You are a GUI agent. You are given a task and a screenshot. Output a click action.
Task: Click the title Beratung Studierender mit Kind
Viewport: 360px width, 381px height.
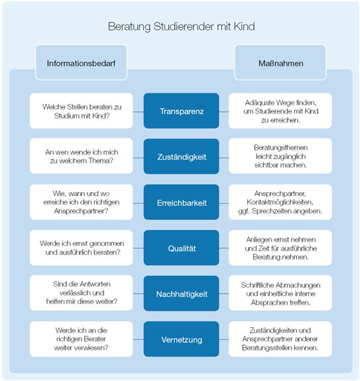(182, 27)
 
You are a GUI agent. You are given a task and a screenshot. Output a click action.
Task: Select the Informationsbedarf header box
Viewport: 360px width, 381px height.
(81, 62)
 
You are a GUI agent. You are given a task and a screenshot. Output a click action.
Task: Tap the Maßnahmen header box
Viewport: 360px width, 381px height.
(280, 62)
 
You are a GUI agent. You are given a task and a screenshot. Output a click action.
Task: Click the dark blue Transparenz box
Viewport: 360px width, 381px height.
(182, 111)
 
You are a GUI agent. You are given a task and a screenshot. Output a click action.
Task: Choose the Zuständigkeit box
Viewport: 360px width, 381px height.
(182, 156)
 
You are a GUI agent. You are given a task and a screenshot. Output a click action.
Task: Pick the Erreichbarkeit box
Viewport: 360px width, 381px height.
(182, 202)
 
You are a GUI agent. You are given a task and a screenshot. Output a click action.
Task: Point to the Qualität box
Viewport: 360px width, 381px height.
(182, 248)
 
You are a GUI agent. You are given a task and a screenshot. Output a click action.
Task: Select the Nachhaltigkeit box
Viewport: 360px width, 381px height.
(182, 294)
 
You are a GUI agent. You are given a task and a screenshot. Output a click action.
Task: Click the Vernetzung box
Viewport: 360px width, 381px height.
(182, 339)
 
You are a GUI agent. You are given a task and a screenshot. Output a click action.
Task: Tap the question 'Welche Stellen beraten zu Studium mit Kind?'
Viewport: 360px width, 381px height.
(82, 111)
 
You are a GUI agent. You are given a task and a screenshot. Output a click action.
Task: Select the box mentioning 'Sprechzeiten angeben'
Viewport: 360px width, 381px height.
(280, 202)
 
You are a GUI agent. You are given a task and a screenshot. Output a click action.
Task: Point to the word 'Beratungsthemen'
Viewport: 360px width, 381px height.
(280, 148)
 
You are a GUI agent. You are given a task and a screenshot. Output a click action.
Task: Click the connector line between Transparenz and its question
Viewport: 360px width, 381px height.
(139, 112)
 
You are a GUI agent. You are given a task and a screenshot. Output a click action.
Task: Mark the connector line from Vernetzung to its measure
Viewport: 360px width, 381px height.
(224, 339)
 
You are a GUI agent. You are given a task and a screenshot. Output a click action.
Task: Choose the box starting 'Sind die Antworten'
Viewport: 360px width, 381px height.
(82, 293)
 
